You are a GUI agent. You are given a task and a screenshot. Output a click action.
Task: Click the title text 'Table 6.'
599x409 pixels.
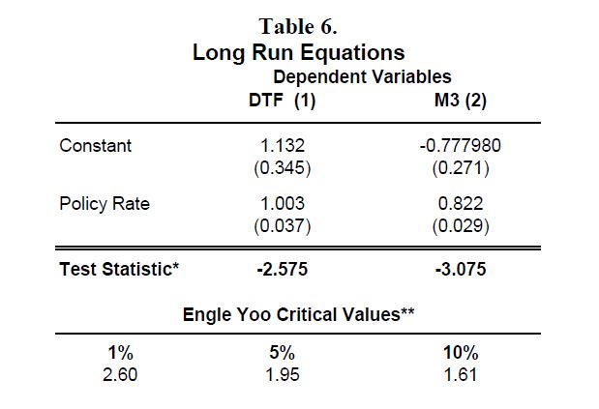click(298, 27)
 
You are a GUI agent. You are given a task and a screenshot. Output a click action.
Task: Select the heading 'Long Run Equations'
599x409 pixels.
click(298, 52)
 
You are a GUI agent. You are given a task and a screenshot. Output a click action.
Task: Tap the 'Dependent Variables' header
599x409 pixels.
click(362, 76)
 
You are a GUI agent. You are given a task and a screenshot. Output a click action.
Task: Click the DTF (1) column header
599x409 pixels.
click(282, 101)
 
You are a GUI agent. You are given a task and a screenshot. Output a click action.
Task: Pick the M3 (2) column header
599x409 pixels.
click(461, 101)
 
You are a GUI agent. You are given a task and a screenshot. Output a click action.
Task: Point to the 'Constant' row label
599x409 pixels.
click(96, 146)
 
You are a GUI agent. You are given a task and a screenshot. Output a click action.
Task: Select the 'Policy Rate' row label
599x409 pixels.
click(105, 204)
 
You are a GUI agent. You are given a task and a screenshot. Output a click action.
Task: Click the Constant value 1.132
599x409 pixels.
click(283, 146)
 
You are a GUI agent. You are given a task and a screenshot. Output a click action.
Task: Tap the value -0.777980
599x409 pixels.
click(461, 146)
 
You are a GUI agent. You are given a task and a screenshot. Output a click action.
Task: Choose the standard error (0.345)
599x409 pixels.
click(283, 168)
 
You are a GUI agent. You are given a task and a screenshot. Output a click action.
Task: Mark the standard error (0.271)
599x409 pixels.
click(461, 168)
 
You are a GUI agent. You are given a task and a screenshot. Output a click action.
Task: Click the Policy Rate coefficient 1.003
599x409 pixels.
click(283, 203)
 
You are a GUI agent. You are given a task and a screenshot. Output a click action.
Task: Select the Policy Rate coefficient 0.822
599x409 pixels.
click(461, 203)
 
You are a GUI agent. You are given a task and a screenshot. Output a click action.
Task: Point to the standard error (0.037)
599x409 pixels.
click(283, 226)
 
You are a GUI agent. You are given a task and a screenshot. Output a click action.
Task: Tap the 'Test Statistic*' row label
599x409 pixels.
click(119, 269)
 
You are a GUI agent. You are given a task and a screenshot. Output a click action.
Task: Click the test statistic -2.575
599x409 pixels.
click(283, 270)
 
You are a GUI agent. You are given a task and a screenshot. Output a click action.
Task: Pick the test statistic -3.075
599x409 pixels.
click(461, 270)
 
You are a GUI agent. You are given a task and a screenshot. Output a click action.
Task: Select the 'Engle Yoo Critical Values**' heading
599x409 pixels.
click(298, 315)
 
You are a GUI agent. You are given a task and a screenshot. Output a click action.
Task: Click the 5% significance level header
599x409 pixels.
click(282, 353)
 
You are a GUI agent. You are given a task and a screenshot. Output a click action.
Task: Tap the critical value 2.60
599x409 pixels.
click(120, 374)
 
